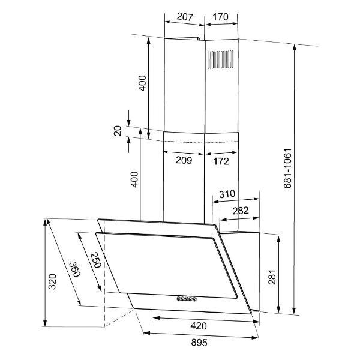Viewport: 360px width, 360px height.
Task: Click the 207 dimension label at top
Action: (x=185, y=17)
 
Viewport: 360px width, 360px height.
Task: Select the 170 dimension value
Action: (x=220, y=17)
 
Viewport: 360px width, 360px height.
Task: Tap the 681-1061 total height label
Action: (x=287, y=169)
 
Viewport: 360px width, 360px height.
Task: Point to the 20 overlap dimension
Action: (x=118, y=131)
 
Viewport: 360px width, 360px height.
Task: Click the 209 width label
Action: (x=184, y=160)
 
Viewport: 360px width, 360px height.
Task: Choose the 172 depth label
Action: (x=221, y=161)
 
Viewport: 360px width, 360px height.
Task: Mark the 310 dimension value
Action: (x=227, y=194)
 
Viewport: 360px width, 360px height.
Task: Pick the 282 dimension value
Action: (x=241, y=211)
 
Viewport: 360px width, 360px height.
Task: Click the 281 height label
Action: (x=272, y=277)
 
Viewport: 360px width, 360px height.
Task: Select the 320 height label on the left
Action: (x=52, y=281)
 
